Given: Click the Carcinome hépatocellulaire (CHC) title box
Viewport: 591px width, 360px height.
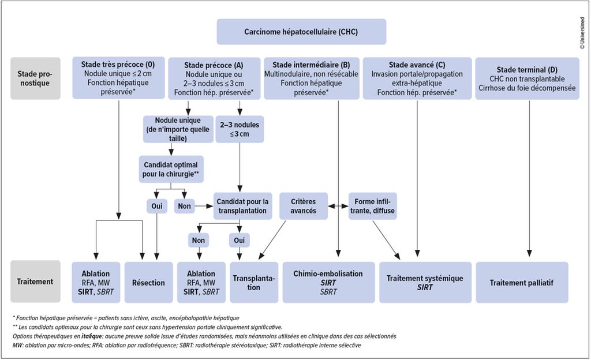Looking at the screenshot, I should pos(295,31).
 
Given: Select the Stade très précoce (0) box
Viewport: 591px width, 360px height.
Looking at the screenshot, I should pos(118,78).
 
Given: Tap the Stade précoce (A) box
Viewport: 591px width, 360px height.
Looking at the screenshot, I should pos(213,78).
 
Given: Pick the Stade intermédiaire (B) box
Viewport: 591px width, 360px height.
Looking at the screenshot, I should pos(311,78).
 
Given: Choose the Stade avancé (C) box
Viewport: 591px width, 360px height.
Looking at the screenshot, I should pos(417,78).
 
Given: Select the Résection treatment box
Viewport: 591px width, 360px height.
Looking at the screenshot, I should pos(149,282).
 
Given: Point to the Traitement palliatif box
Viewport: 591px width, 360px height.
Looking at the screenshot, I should pos(521,282).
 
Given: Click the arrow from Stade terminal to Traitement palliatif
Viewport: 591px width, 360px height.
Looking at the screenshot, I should pos(528,179).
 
